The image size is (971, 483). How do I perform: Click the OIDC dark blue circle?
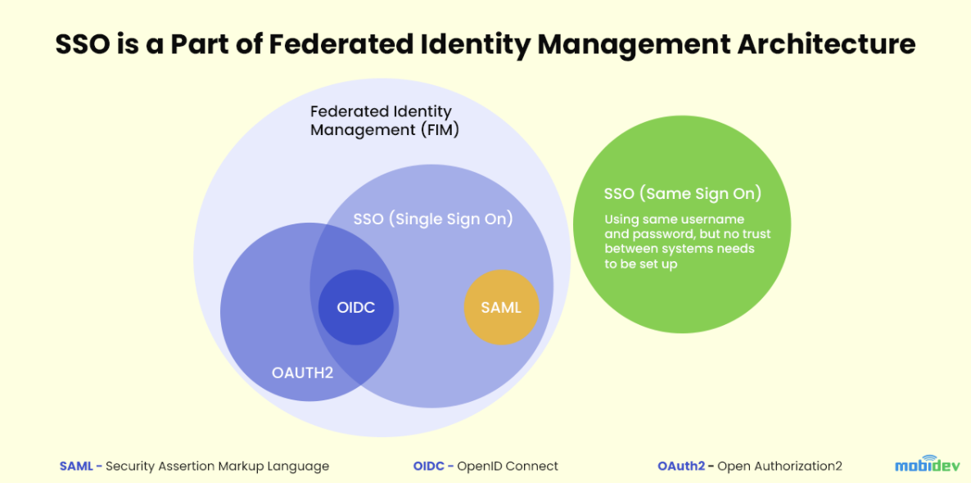pos(355,307)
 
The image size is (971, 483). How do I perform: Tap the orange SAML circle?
pos(502,307)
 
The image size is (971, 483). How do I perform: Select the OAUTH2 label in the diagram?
pos(302,373)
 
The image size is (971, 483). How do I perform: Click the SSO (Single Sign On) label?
pos(433,219)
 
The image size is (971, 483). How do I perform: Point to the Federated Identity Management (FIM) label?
pos(384,121)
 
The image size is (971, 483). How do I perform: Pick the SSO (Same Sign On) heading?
pos(683,193)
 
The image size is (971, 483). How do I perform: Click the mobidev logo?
pos(927,464)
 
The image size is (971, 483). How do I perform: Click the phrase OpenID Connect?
pos(508,466)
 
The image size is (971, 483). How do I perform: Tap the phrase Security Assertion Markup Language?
pos(217,466)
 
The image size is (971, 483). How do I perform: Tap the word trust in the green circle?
pos(756,235)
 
